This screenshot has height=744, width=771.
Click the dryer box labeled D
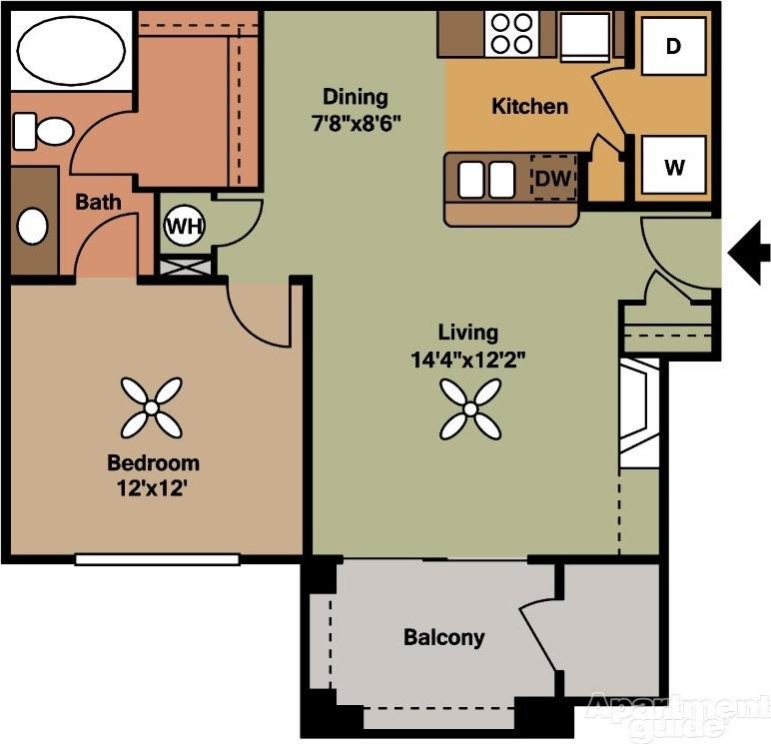[x=674, y=46]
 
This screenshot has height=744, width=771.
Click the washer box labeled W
[x=674, y=166]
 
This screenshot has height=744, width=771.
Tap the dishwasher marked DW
[x=552, y=179]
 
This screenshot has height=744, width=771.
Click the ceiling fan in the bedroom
[x=152, y=407]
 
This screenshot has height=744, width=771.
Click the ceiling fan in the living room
[x=469, y=407]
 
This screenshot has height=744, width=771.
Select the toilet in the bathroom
[x=43, y=131]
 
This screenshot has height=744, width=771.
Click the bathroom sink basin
[x=33, y=226]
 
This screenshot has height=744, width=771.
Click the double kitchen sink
[x=486, y=180]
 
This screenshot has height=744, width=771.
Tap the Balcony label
[x=443, y=637]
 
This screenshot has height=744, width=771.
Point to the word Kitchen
[x=529, y=106]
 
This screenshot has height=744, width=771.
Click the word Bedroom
[x=153, y=463]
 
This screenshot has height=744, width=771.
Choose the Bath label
[x=98, y=202]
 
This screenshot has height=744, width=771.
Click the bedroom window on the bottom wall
[x=157, y=559]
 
